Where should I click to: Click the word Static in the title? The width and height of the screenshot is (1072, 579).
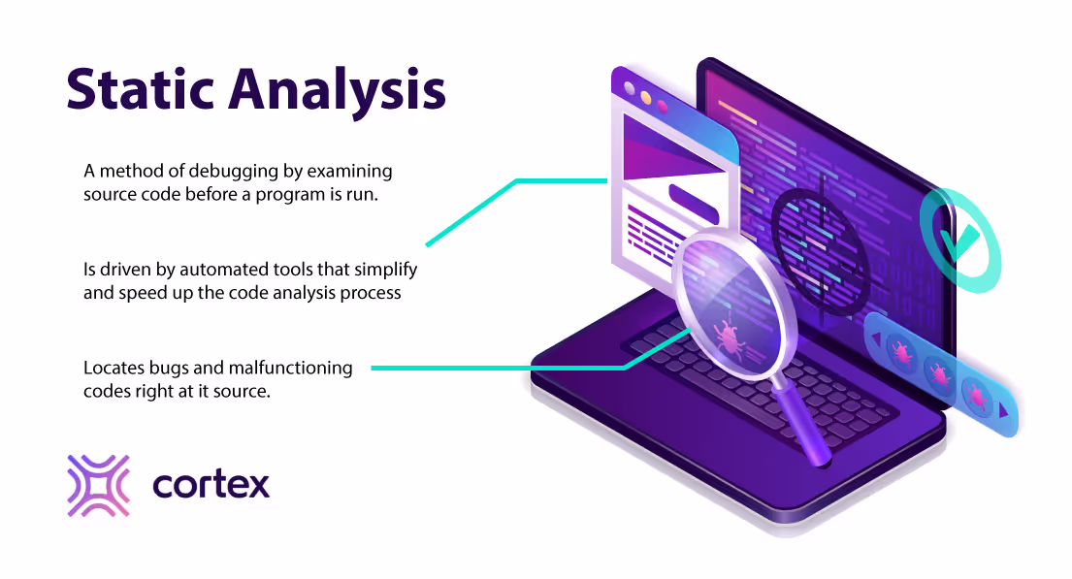pos(140,88)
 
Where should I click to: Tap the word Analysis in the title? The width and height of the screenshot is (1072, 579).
pos(337,93)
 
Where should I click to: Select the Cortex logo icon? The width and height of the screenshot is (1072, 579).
pos(98,485)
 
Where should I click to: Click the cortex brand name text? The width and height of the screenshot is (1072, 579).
pos(211,485)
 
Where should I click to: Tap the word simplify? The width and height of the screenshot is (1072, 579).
pos(385,270)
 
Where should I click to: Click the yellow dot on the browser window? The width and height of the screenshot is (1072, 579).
pos(645,98)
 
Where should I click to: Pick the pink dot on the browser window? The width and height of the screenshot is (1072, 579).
pos(662,106)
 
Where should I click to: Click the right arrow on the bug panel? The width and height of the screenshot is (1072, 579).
pos(1003,411)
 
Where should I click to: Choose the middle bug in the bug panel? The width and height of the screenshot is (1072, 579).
pos(938,374)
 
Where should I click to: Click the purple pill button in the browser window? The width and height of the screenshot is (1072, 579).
pos(694,204)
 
